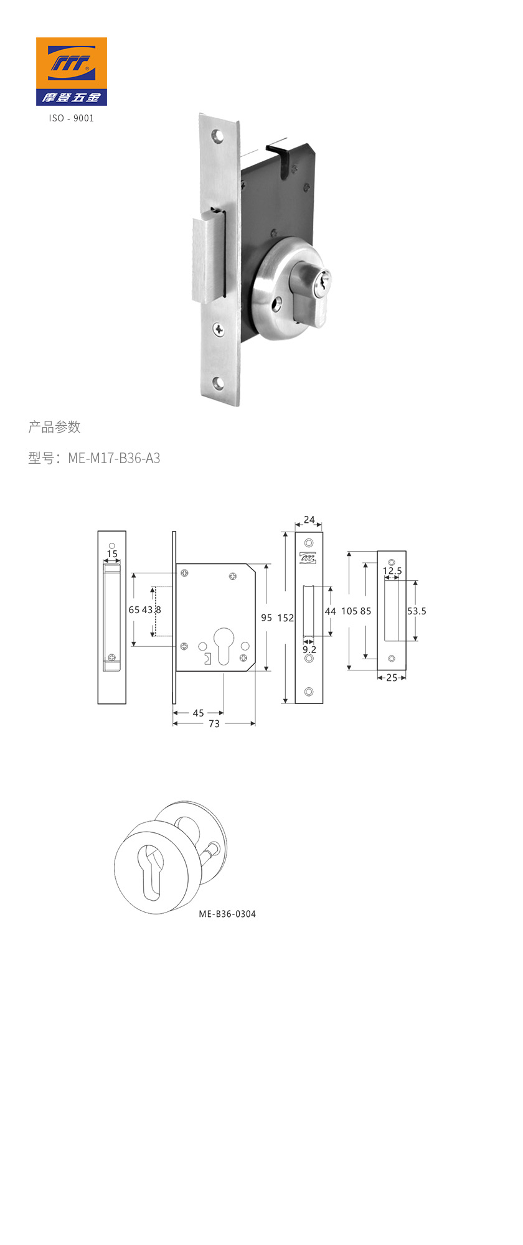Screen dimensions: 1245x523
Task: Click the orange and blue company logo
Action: (x=71, y=71)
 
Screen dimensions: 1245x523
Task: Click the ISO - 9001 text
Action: (x=71, y=118)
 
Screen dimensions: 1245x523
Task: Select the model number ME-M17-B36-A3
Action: (x=114, y=458)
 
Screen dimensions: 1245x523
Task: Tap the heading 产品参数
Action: (x=54, y=427)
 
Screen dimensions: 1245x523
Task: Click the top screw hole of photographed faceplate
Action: (x=217, y=134)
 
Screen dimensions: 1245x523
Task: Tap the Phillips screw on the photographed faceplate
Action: (x=219, y=329)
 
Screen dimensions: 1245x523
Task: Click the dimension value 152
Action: (x=285, y=618)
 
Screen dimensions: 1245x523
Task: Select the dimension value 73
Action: (x=214, y=724)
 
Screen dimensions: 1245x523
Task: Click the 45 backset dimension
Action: (x=198, y=713)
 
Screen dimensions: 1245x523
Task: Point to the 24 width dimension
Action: (x=309, y=520)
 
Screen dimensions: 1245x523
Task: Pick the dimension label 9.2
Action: (x=309, y=649)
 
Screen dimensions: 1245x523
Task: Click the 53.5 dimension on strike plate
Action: (x=417, y=611)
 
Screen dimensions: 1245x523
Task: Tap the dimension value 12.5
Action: (x=392, y=571)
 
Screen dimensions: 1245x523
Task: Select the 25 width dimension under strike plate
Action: (x=392, y=678)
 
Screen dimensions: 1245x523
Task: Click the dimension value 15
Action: (x=112, y=553)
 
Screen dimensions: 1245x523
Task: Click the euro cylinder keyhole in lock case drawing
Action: (x=224, y=644)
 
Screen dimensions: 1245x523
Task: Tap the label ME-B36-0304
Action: (x=227, y=914)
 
